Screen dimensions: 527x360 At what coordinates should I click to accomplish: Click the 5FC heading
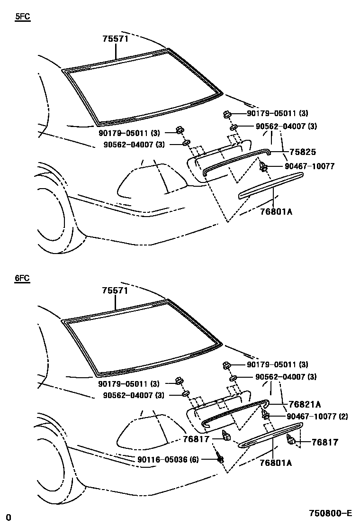[x=22, y=18]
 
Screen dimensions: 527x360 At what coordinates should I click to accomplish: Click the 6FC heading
[x=22, y=278]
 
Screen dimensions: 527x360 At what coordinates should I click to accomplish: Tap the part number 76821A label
[x=305, y=404]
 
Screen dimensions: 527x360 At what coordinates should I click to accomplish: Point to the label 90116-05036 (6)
[x=168, y=459]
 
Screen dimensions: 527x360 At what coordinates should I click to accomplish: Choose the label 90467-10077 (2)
[x=317, y=417]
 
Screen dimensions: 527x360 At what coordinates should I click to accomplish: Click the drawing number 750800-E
[x=331, y=513]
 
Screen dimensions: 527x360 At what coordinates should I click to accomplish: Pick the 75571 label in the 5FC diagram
[x=116, y=39]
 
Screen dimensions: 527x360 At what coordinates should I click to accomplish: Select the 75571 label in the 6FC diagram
[x=116, y=291]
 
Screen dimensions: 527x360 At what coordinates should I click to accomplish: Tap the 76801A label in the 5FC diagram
[x=276, y=211]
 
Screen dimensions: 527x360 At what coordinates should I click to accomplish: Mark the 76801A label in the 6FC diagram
[x=276, y=463]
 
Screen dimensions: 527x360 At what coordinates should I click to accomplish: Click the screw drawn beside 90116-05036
[x=220, y=457]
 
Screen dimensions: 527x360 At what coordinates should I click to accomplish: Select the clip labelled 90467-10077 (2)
[x=265, y=416]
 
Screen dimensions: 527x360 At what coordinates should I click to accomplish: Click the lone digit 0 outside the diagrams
[x=8, y=517]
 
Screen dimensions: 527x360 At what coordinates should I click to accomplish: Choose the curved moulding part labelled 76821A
[x=234, y=411]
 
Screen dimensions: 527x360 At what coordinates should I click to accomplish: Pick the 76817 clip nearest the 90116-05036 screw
[x=226, y=436]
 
